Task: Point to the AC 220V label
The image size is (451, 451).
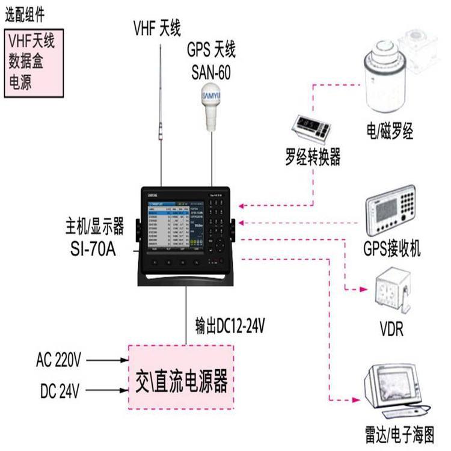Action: [58, 361]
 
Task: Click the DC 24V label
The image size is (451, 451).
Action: [60, 392]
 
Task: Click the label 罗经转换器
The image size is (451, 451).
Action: [313, 158]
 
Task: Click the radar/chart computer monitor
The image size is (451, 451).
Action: [394, 387]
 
